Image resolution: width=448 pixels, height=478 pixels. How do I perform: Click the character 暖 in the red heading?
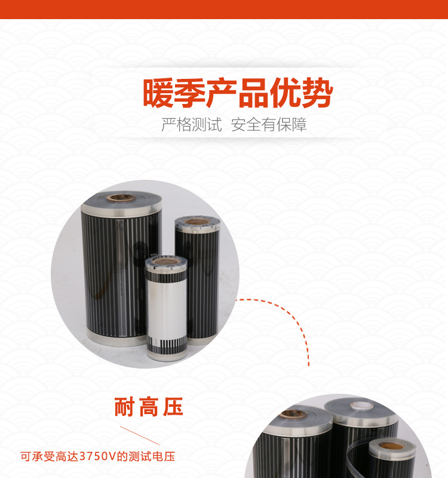click(158, 93)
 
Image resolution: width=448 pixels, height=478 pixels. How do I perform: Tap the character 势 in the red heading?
click(317, 93)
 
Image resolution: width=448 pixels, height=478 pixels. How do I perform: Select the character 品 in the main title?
click(253, 93)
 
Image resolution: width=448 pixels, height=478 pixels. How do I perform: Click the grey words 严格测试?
click(191, 125)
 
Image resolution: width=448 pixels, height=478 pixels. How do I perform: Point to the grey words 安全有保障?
click(268, 125)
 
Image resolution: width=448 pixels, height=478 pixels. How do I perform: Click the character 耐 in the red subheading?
click(124, 407)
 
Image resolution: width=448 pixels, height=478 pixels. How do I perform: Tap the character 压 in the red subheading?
click(173, 407)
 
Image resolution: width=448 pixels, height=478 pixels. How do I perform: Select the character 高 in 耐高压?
click(148, 407)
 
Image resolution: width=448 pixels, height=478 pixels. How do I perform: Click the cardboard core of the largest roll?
click(121, 198)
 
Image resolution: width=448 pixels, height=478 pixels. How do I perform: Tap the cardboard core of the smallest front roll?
click(165, 262)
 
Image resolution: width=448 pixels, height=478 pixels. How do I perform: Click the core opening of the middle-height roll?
click(197, 222)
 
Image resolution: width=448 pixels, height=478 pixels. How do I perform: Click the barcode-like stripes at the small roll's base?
click(167, 344)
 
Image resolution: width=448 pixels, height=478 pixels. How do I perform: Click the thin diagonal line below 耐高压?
click(140, 436)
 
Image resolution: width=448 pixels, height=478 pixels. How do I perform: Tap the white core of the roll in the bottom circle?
click(361, 406)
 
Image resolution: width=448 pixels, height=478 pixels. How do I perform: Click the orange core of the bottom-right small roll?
click(391, 446)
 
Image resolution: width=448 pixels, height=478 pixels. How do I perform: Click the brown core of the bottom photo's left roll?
click(293, 414)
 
